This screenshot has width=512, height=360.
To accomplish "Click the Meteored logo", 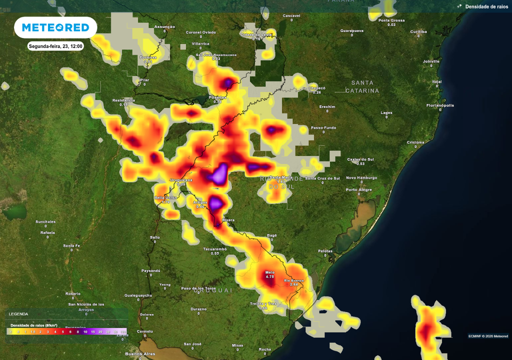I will tap(55, 27).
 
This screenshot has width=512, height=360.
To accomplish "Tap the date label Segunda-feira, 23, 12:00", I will tap(55, 46).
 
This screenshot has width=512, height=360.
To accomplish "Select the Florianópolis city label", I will tap(440, 105).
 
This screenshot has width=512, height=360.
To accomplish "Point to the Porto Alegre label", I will tap(358, 189).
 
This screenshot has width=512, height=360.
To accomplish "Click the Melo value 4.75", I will tap(269, 276).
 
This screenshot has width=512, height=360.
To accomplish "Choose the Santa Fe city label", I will tap(71, 245).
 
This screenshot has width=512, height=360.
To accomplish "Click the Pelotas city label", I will tap(325, 250).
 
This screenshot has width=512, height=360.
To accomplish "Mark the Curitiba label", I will tap(418, 31).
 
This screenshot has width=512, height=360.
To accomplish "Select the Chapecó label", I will tap(317, 87).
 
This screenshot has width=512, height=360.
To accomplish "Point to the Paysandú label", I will tap(150, 270).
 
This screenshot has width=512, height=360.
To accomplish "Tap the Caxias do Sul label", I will tap(360, 159).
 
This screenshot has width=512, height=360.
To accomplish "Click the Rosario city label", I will tap(72, 293).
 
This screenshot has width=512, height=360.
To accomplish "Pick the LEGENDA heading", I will tap(18, 314).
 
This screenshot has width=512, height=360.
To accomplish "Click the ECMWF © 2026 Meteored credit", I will tap(488, 336).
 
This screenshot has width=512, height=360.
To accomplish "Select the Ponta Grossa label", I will tap(391, 20).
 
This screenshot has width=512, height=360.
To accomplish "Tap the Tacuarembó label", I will tap(215, 248).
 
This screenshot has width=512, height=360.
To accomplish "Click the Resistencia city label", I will tap(123, 100).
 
